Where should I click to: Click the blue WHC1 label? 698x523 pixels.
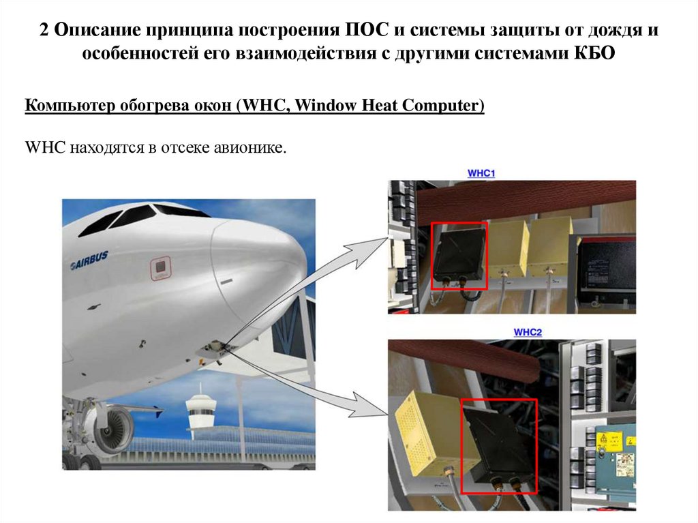pos(481,173)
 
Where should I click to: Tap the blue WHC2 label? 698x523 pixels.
pos(528,332)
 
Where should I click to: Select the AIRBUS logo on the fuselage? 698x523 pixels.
pos(89,261)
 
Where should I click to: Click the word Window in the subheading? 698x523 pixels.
pos(326,105)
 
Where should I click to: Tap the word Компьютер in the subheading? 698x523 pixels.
pos(70,106)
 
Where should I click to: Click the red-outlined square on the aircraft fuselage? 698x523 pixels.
pos(160,268)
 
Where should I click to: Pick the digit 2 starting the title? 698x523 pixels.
pos(44,30)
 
